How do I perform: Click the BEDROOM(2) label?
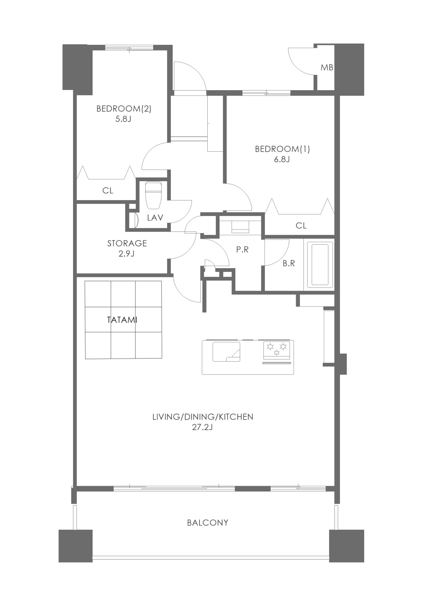(124, 109)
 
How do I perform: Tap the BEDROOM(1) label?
(282, 149)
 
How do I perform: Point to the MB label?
(327, 68)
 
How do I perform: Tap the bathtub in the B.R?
(320, 265)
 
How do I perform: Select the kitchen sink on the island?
(227, 352)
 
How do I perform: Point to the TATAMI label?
(122, 320)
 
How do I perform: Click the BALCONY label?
(208, 523)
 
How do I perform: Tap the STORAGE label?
(127, 243)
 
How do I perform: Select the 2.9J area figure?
(126, 254)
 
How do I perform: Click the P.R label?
(242, 250)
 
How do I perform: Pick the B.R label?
(289, 263)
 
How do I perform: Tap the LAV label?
(155, 218)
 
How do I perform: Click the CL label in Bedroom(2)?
(108, 190)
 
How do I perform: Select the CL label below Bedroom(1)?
(301, 226)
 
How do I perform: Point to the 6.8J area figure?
(282, 159)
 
